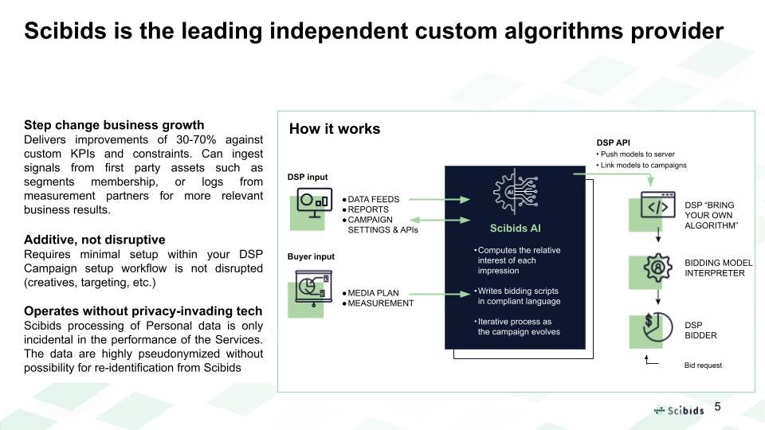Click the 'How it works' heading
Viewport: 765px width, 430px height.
tap(334, 129)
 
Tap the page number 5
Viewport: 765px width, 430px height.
tap(717, 407)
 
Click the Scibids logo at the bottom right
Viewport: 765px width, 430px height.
tap(680, 410)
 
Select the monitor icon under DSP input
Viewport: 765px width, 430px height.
tap(314, 202)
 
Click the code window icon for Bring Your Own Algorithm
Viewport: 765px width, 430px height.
tap(657, 207)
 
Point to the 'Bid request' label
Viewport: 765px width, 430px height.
tap(702, 365)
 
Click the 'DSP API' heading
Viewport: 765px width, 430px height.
tap(613, 143)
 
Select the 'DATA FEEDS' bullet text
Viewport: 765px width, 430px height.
tap(374, 199)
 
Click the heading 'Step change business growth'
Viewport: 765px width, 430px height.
tap(114, 125)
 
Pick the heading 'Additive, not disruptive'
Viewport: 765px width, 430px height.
tap(95, 240)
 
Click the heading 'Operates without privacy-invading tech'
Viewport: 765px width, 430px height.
tap(143, 311)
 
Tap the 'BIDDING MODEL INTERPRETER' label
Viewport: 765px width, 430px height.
tap(718, 268)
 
